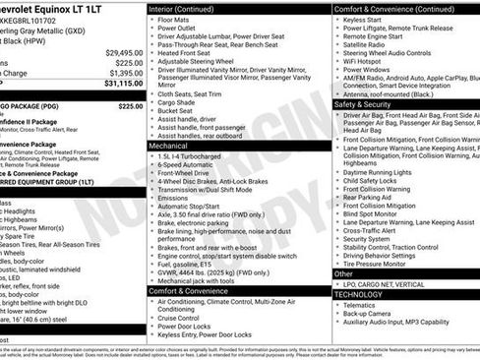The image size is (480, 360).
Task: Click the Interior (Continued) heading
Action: coord(190,7)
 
